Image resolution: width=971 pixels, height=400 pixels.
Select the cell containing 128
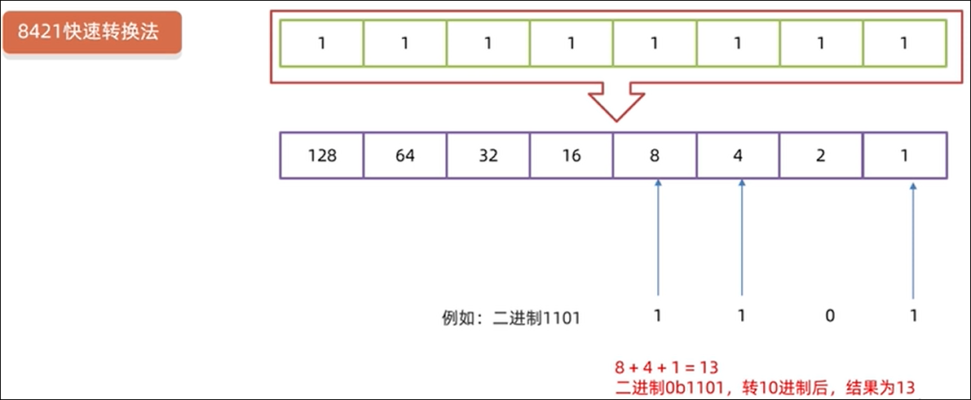[x=322, y=155]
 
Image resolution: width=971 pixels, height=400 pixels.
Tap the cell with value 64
[x=405, y=155]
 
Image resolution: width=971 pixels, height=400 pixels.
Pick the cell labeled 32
[x=488, y=155]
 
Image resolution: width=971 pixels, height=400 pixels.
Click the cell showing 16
[x=572, y=155]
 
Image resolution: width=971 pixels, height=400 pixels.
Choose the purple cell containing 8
[x=655, y=155]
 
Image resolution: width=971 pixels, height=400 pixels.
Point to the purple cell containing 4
[x=739, y=155]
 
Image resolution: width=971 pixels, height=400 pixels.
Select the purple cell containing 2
[x=822, y=155]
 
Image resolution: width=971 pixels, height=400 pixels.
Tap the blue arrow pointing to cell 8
[x=657, y=236]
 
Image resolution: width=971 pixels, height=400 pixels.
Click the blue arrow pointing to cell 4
[x=741, y=236]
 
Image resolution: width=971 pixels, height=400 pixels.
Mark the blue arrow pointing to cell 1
[x=913, y=236]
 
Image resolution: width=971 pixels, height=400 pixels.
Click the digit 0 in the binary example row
[x=830, y=315]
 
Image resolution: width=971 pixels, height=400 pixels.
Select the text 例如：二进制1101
[x=510, y=318]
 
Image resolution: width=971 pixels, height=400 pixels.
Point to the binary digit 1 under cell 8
[x=657, y=315]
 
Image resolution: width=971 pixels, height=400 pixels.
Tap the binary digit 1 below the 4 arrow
[x=741, y=315]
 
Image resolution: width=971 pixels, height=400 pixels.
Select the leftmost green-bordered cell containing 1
[x=322, y=43]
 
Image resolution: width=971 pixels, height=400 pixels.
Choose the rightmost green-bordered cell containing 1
[x=904, y=43]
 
